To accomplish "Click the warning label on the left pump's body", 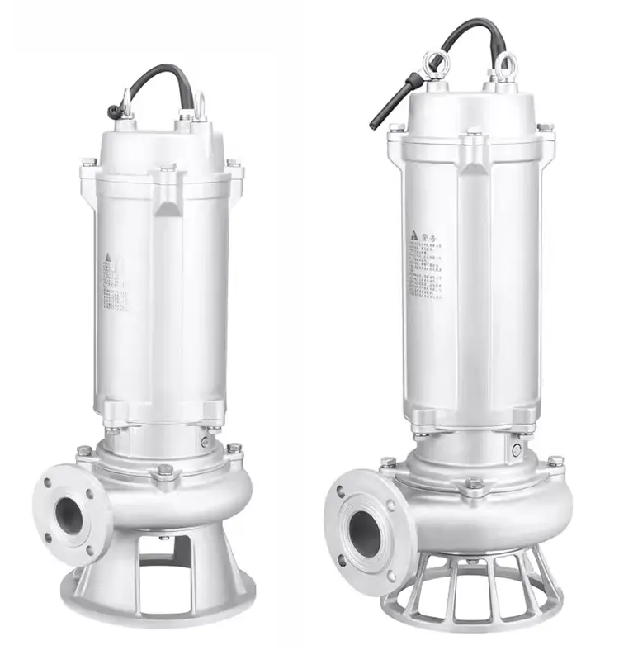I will [116, 281].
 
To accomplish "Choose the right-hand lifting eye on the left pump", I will [199, 103].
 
